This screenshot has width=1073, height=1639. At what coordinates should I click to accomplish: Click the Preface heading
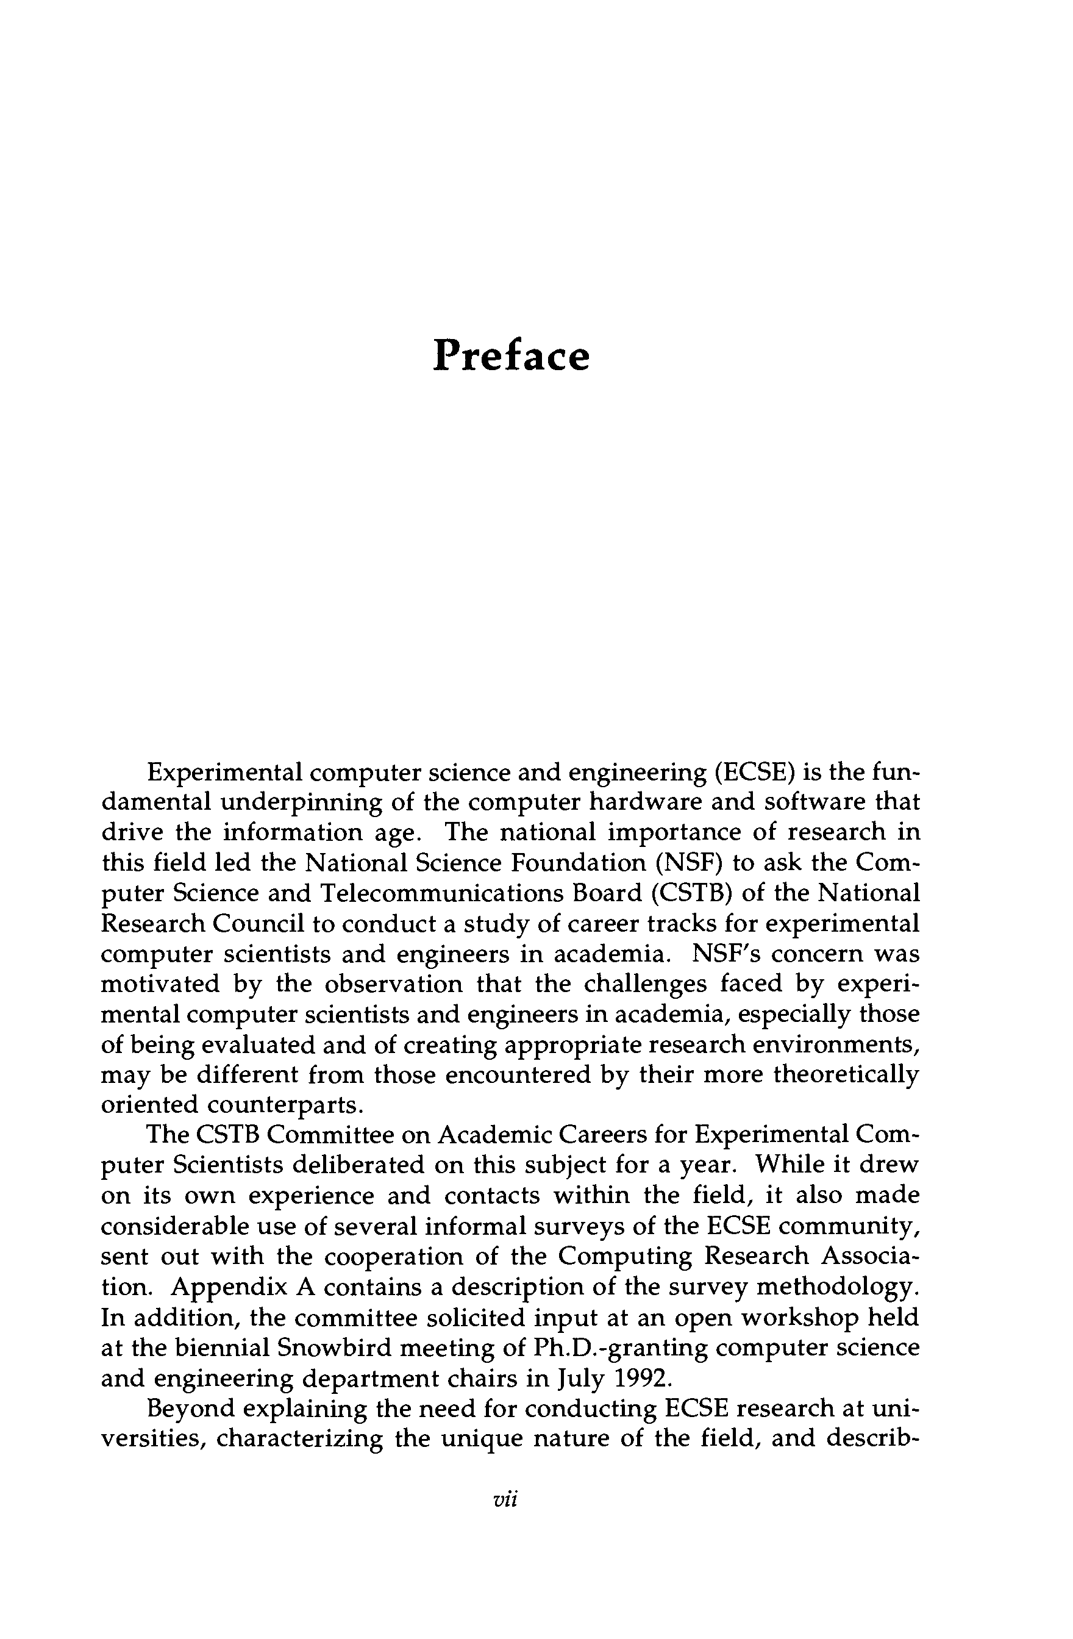coord(511,356)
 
